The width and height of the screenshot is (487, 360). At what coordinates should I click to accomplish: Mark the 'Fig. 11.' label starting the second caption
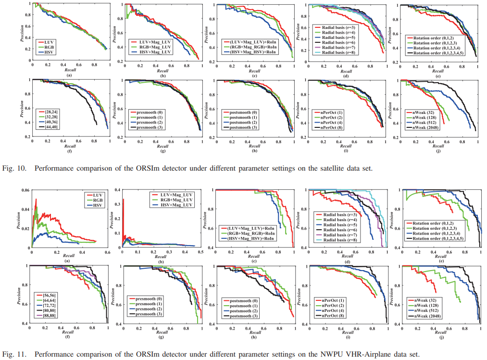pos(12,355)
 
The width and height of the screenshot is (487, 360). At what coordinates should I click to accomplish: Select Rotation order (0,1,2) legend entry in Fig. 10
pos(430,37)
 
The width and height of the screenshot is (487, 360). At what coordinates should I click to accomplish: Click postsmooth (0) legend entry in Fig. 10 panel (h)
pos(241,112)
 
